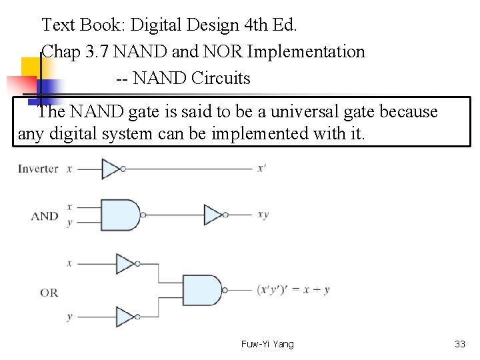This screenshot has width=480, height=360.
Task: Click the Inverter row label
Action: click(x=38, y=169)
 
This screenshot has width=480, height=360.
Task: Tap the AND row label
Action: click(x=45, y=216)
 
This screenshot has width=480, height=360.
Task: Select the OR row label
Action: click(x=49, y=292)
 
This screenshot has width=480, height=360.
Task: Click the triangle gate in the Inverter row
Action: click(x=111, y=169)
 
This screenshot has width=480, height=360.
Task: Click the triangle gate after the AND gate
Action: click(x=213, y=215)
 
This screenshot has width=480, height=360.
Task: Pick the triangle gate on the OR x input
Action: click(x=125, y=264)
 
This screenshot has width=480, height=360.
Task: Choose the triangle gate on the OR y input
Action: click(x=125, y=317)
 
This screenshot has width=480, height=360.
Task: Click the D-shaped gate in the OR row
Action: click(x=201, y=290)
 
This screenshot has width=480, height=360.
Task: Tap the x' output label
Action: click(x=261, y=169)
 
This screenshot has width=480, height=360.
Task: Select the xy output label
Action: click(x=263, y=215)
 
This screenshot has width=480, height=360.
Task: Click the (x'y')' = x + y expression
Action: click(x=293, y=290)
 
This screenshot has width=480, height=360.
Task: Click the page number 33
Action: click(x=459, y=344)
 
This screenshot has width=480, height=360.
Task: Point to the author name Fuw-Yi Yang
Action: click(x=267, y=344)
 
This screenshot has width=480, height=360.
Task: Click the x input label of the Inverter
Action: click(x=69, y=169)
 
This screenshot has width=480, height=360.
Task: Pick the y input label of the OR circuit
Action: click(x=69, y=317)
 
